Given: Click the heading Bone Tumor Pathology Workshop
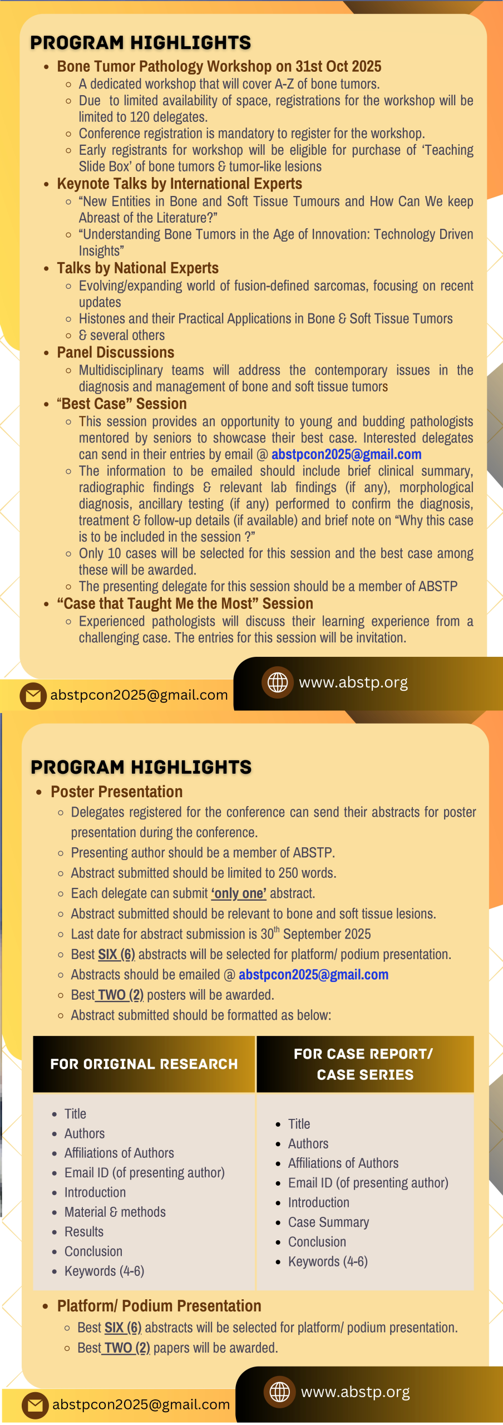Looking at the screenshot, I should click(x=219, y=66).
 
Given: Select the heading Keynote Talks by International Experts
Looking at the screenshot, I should click(x=179, y=184).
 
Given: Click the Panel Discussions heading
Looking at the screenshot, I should click(x=115, y=352).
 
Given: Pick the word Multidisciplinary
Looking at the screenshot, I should click(x=121, y=370).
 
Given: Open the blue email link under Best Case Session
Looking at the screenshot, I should click(x=346, y=454).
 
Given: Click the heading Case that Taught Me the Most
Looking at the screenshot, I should click(x=185, y=603).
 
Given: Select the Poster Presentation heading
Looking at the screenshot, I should click(x=116, y=792).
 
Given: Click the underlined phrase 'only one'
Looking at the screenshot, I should click(x=239, y=893).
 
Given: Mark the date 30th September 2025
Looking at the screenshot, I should click(x=315, y=934).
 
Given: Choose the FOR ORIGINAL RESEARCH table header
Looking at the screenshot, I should click(x=144, y=1064).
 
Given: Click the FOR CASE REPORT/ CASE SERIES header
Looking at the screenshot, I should click(x=364, y=1064).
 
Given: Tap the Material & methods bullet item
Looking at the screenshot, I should click(x=115, y=1212).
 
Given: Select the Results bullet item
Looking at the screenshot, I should click(x=84, y=1231).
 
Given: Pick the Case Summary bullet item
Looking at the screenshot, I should click(x=328, y=1222).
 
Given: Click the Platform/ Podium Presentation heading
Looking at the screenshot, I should click(x=159, y=1305).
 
